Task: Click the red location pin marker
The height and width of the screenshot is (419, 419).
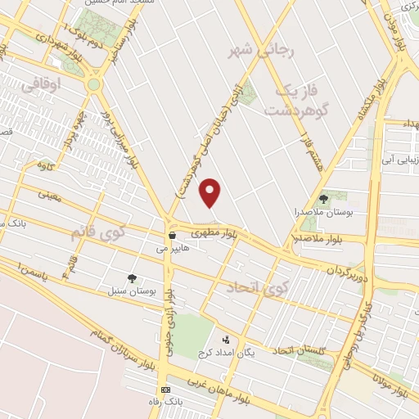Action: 211,192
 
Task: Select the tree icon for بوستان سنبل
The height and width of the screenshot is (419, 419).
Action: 133,278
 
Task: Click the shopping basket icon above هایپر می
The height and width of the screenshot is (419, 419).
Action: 172,234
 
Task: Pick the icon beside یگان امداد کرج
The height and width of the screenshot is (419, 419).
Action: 226,340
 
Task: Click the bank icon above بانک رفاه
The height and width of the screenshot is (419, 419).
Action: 166,390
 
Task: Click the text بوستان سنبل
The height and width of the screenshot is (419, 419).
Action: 126,291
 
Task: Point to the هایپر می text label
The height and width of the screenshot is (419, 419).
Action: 176,246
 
